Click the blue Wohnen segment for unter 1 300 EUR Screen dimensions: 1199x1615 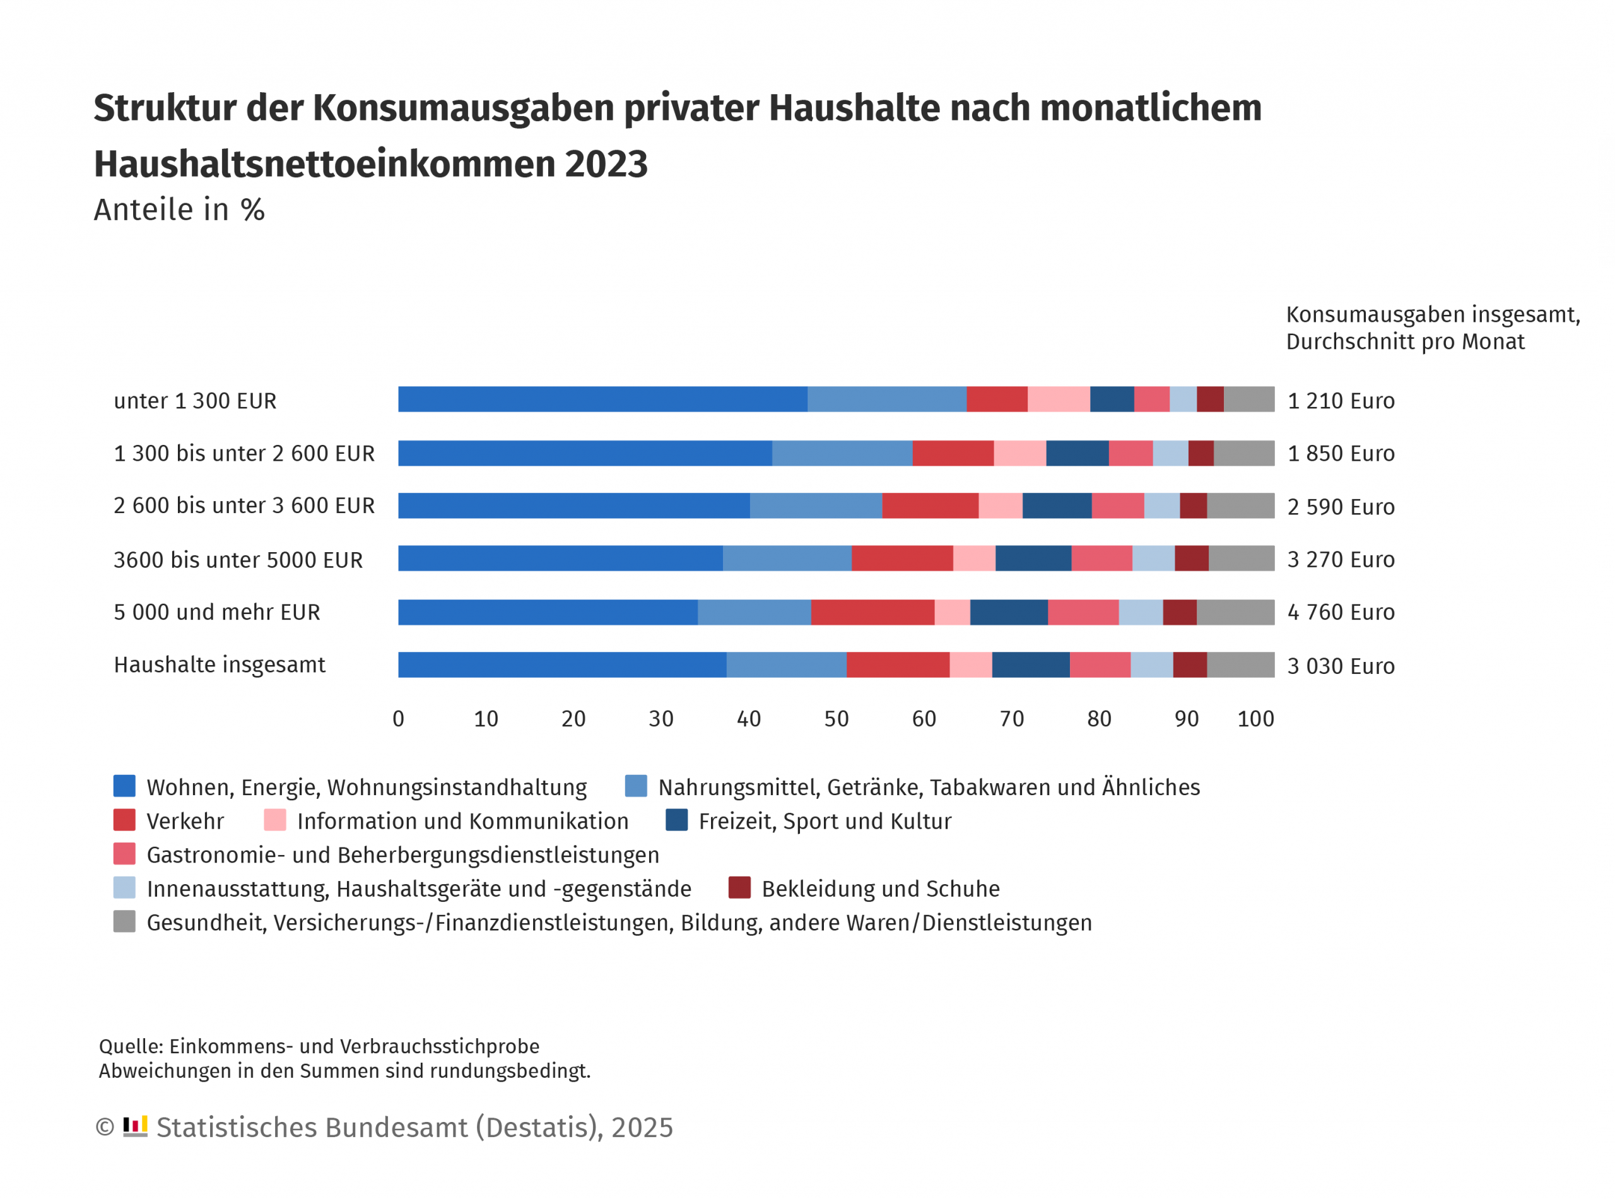click(602, 399)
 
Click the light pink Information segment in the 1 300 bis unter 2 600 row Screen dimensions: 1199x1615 click(1019, 453)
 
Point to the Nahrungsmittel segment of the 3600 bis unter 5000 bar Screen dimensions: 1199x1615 click(787, 558)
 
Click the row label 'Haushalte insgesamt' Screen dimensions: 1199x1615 click(219, 665)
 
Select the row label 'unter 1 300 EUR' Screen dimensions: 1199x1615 click(194, 401)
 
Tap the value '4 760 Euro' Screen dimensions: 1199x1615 click(1340, 612)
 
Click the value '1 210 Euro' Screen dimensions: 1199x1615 click(1340, 401)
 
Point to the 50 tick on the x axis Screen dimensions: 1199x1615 click(836, 719)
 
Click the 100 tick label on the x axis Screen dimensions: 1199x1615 click(1255, 719)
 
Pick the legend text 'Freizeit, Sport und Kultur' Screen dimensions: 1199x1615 click(824, 821)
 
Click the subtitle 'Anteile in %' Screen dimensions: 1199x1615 click(179, 210)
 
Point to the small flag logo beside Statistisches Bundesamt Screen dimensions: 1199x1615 click(135, 1126)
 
